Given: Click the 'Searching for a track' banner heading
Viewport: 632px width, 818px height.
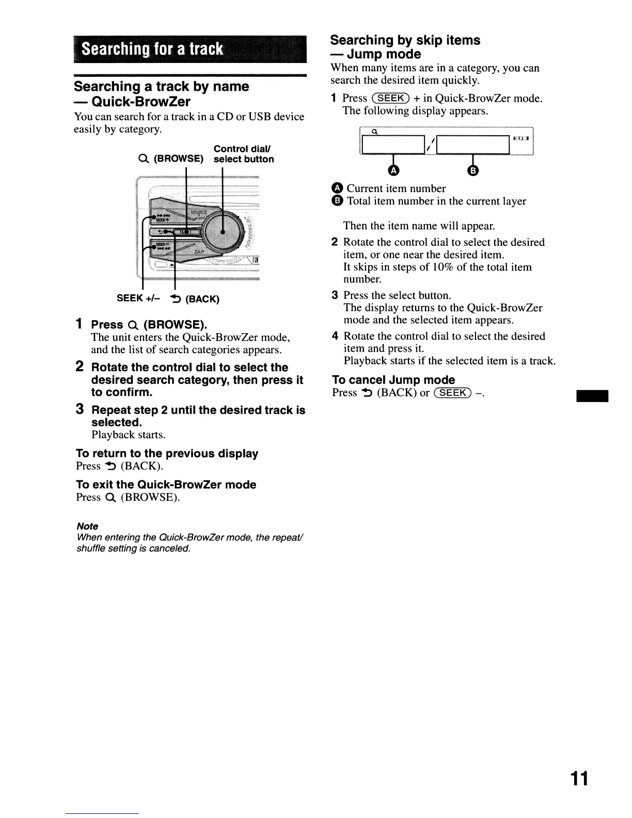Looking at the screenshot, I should click(x=153, y=50).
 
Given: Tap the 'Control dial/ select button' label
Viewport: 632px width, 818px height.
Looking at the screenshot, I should click(x=244, y=154).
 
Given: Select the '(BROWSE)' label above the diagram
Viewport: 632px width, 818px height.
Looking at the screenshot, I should click(x=178, y=159).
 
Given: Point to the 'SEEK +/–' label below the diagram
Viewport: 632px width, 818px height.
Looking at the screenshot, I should click(x=138, y=298).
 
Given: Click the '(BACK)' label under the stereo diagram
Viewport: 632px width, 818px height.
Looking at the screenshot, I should click(x=201, y=299).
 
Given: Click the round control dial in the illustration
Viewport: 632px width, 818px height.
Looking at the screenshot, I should click(x=223, y=231).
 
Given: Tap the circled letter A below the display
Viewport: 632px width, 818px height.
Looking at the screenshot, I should click(x=394, y=170).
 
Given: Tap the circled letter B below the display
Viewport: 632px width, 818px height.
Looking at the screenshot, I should click(x=474, y=170).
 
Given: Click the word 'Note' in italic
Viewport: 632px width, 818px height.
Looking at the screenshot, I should click(x=87, y=526).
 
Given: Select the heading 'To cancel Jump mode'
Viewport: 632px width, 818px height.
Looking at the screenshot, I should click(x=393, y=380).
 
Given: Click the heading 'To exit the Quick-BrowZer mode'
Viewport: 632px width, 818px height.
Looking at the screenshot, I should click(x=166, y=484).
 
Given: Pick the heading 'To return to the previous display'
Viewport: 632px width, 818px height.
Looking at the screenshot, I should click(x=167, y=453).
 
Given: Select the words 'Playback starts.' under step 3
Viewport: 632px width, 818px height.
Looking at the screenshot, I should click(x=129, y=435).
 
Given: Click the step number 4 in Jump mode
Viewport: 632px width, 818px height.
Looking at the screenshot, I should click(x=335, y=336).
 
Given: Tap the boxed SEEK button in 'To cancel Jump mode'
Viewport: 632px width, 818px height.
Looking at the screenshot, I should click(x=452, y=393).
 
